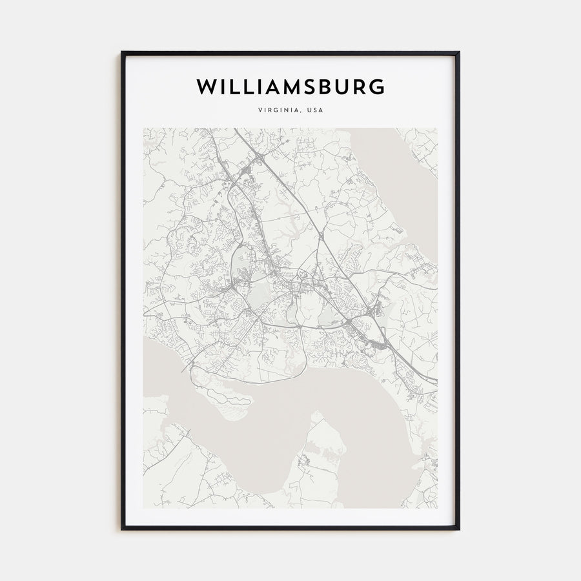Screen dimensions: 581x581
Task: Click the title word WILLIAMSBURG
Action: pyautogui.click(x=290, y=87)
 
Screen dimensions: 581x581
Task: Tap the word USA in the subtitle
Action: pyautogui.click(x=315, y=110)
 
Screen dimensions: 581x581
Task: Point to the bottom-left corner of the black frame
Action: pyautogui.click(x=122, y=529)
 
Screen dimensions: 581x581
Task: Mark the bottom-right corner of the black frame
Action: pyautogui.click(x=459, y=529)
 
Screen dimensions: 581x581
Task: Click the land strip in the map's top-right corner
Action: pyautogui.click(x=423, y=145)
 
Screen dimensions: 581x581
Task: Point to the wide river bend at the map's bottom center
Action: pyautogui.click(x=258, y=452)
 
